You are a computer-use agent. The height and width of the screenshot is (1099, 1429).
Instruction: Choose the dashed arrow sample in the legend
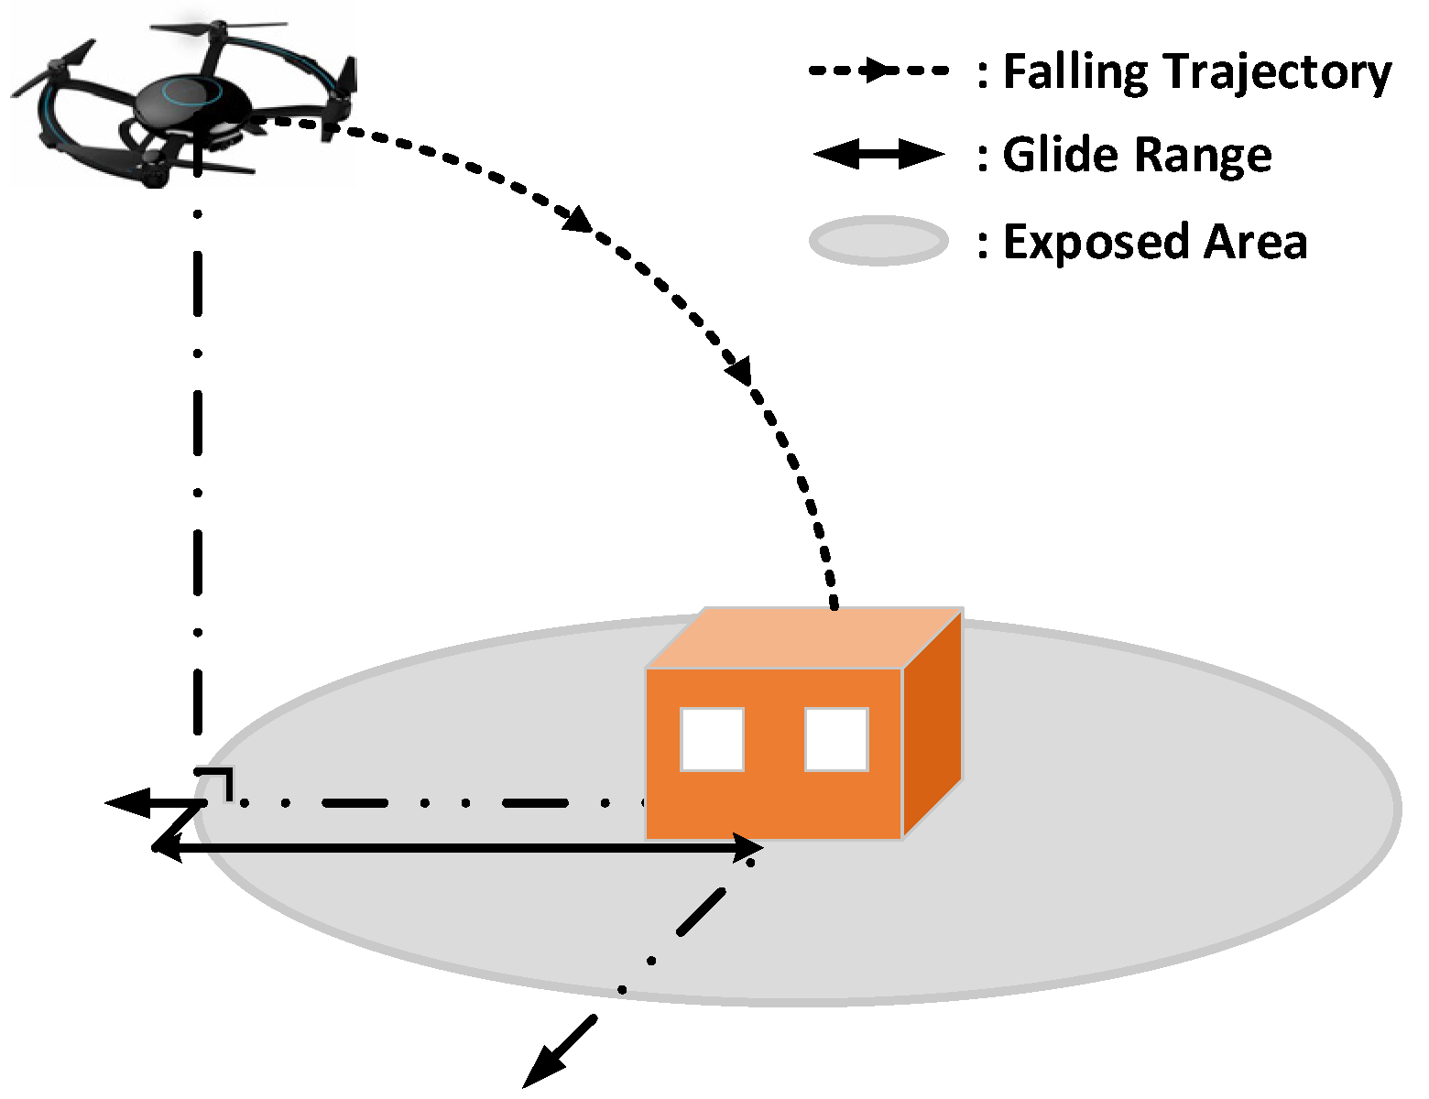click(878, 71)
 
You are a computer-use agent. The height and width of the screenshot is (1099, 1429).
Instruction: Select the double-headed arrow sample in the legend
click(878, 155)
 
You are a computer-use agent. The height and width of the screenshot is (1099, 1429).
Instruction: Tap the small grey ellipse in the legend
click(878, 242)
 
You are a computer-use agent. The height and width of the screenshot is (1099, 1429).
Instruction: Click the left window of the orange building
click(712, 739)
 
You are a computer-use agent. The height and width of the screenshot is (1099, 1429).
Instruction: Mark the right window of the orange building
click(836, 739)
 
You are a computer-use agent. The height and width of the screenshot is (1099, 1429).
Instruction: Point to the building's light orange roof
click(804, 637)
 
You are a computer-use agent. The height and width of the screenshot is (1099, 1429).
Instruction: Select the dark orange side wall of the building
click(933, 724)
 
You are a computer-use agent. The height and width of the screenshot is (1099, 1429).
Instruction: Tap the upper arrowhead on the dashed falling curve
click(579, 220)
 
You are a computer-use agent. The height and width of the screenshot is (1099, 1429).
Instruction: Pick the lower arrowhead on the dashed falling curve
click(738, 370)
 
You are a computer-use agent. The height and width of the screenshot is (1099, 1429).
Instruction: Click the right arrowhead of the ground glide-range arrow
click(747, 848)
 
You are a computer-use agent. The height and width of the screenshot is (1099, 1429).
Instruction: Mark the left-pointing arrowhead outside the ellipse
click(126, 803)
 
